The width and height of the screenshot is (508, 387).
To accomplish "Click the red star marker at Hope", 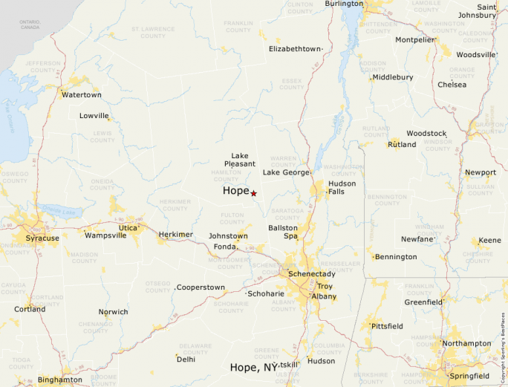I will point(253,193).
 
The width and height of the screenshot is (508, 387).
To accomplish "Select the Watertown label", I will point(81,95).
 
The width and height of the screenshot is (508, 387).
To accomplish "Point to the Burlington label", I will point(344,4).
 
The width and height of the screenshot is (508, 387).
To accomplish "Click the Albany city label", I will point(324,296).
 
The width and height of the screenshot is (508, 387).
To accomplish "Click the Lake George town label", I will point(286,172).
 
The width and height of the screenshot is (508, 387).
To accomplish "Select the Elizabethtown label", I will point(295,49).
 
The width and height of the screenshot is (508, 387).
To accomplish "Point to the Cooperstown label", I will point(201,287).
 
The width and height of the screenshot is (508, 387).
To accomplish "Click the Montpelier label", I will point(414,40).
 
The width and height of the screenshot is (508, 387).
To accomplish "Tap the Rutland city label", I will point(402,144).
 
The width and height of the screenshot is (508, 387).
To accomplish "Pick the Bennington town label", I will point(396,257).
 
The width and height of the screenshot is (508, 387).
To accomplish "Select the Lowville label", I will point(94,116).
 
